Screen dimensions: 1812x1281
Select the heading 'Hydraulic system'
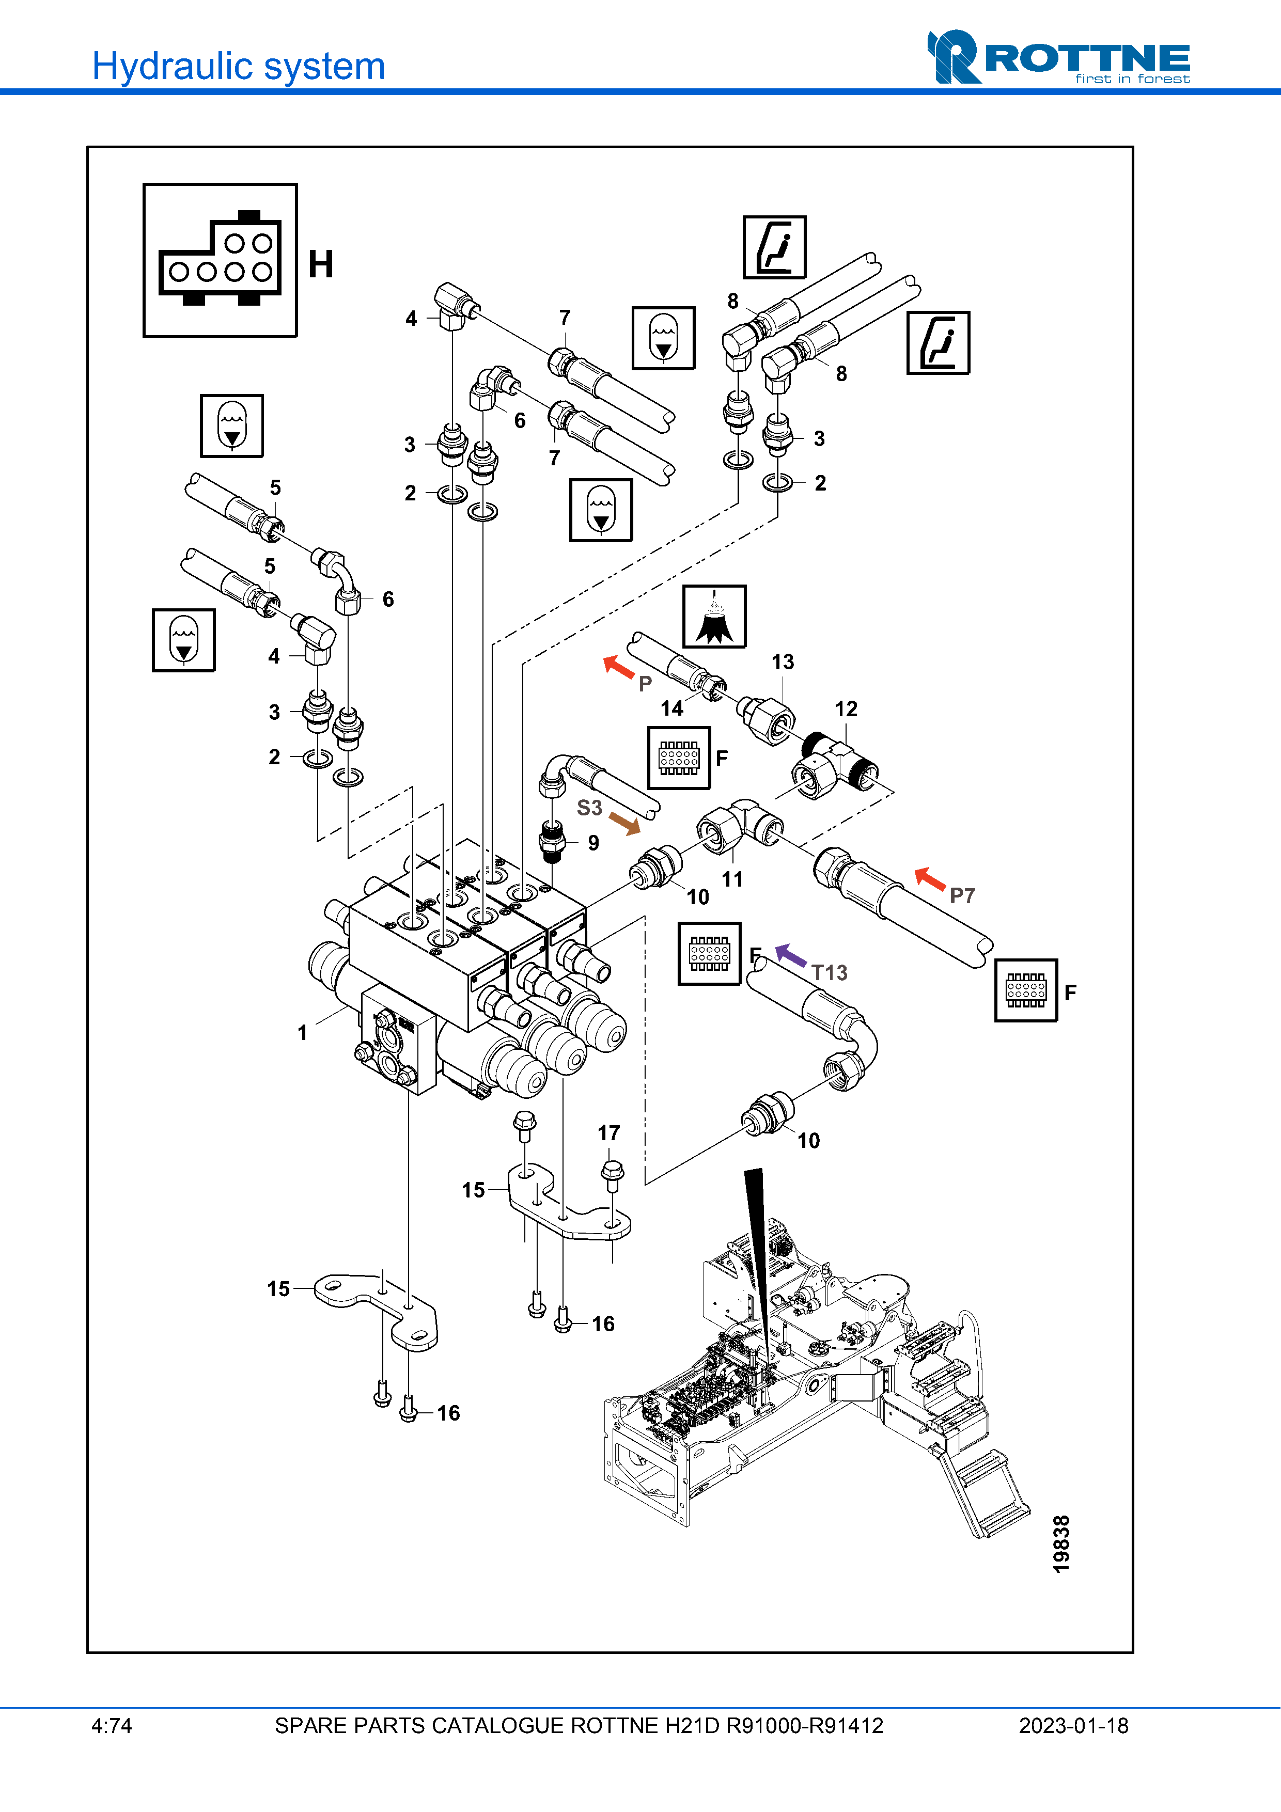[238, 66]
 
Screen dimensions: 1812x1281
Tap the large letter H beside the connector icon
[320, 264]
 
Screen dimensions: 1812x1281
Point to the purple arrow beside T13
[790, 955]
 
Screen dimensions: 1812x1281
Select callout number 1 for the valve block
[302, 1032]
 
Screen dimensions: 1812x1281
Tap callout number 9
[593, 843]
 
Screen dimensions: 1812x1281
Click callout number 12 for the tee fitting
[846, 708]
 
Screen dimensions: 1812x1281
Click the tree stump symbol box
[714, 617]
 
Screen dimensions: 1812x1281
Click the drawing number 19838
[1061, 1543]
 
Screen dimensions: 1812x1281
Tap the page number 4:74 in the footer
[111, 1726]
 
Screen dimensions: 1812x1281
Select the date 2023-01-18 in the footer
[1073, 1726]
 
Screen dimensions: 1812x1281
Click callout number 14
[671, 708]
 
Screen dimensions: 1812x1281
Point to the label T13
[830, 972]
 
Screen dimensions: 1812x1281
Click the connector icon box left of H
[220, 260]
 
